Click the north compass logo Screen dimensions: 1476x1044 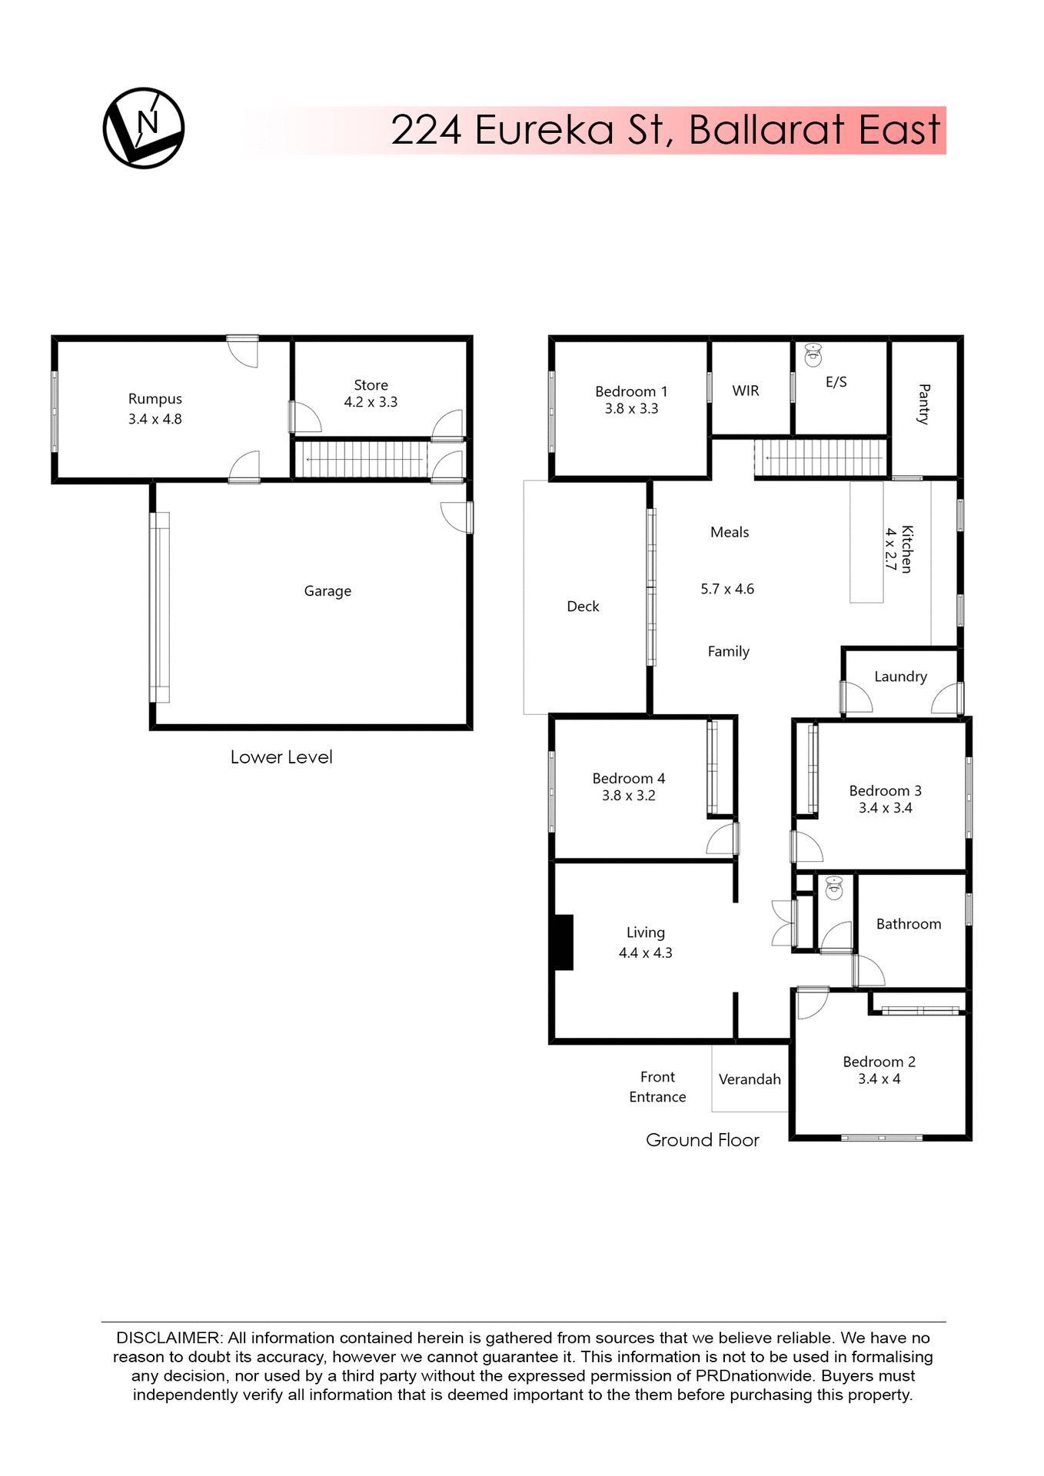tap(144, 128)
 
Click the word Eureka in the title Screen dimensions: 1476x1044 tap(544, 130)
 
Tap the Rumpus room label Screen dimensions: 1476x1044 tap(155, 399)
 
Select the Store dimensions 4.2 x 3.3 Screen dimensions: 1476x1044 tap(371, 402)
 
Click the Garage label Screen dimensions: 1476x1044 tap(327, 591)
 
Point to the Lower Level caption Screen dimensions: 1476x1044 tap(281, 757)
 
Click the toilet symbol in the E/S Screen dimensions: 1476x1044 tap(813, 355)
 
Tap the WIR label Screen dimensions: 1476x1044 tap(746, 391)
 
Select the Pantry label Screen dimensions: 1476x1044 tap(924, 404)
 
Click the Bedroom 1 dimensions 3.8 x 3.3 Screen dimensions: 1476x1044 tap(631, 409)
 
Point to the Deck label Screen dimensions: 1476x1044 tap(583, 607)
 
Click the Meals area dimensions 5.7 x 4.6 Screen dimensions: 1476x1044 tap(727, 589)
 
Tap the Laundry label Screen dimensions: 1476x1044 tap(900, 676)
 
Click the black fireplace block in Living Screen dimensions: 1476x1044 tap(564, 942)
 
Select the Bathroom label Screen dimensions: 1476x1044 tap(909, 924)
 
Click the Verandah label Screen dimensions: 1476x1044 tap(750, 1079)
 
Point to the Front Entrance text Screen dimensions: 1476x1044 tap(657, 1087)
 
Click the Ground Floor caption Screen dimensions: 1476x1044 tap(702, 1140)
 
